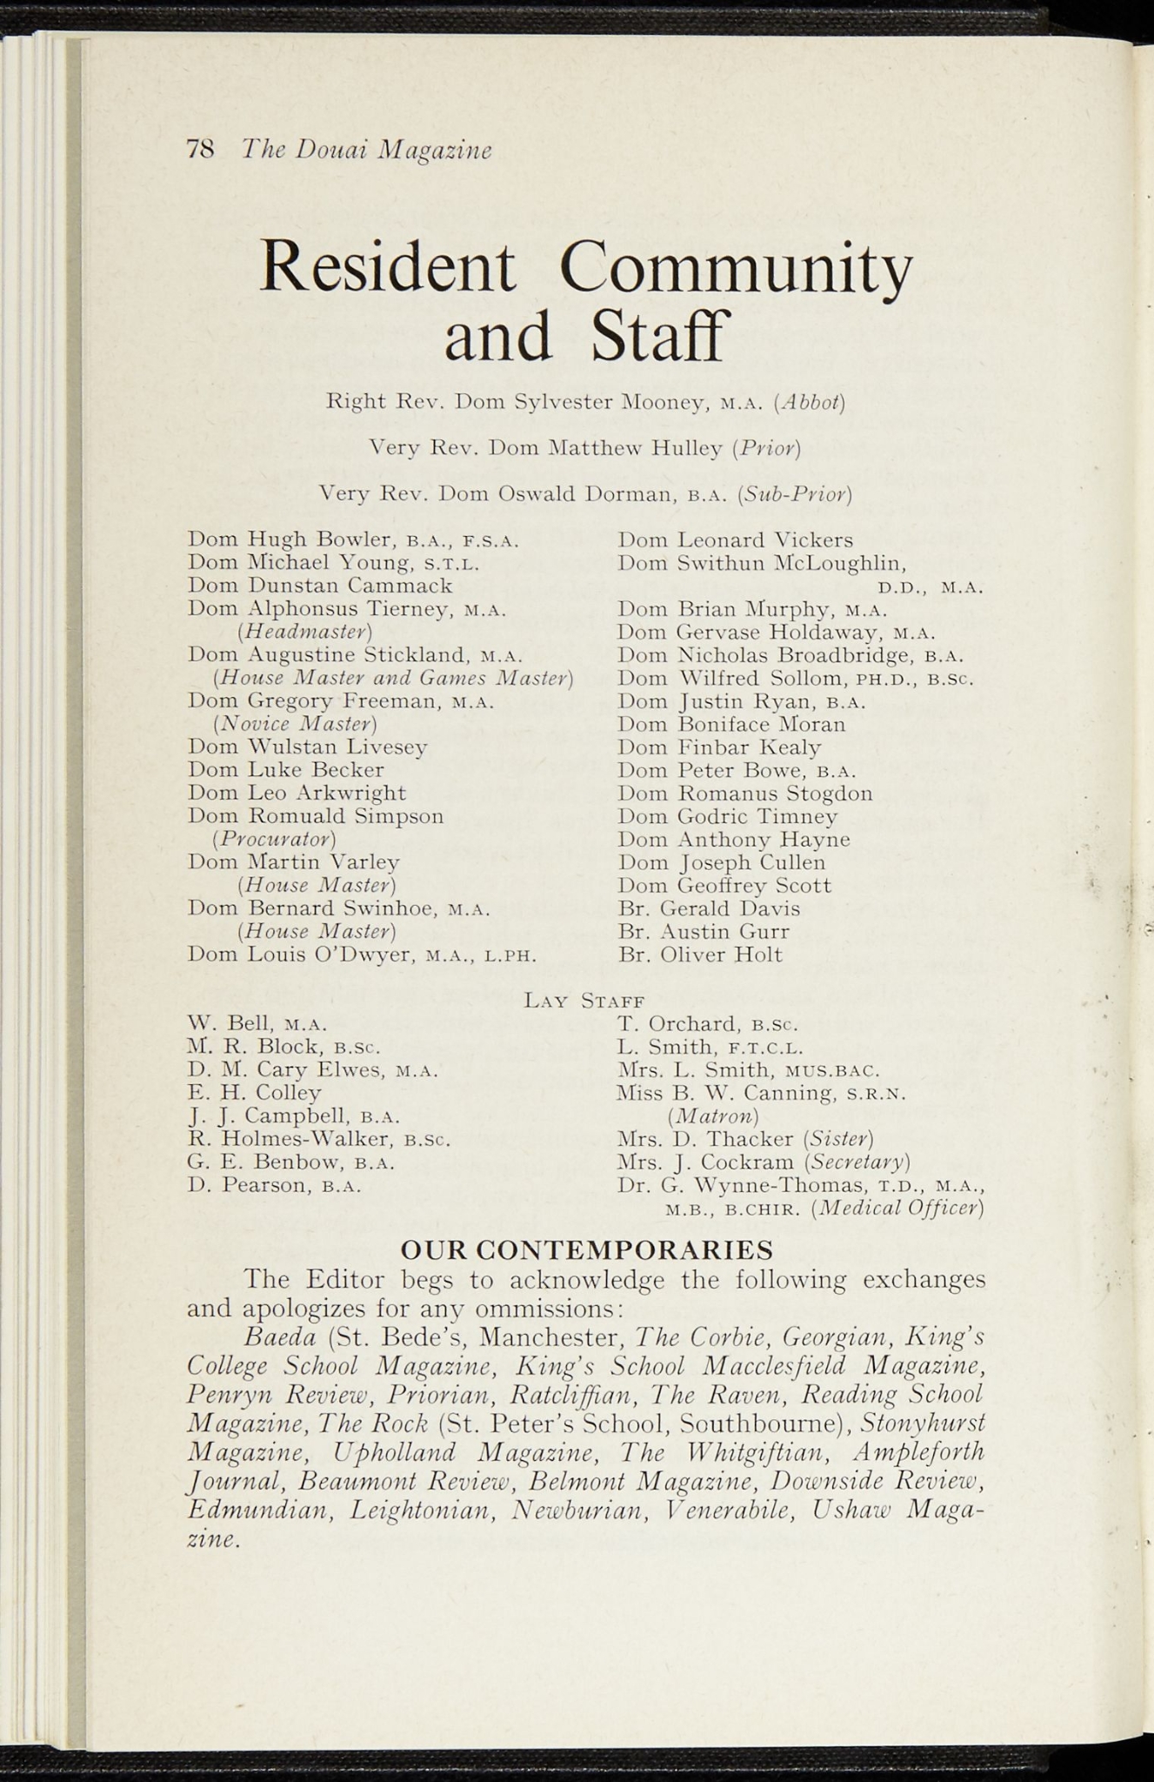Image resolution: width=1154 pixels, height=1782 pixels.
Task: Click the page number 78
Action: point(200,150)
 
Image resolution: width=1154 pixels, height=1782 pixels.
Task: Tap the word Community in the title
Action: point(736,266)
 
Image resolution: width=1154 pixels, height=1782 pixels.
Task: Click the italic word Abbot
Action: point(813,402)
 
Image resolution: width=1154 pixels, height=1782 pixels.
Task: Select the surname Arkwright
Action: point(350,793)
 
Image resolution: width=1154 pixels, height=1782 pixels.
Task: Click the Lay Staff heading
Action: point(584,1001)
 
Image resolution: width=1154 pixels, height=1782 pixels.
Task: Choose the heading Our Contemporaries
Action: point(586,1250)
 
